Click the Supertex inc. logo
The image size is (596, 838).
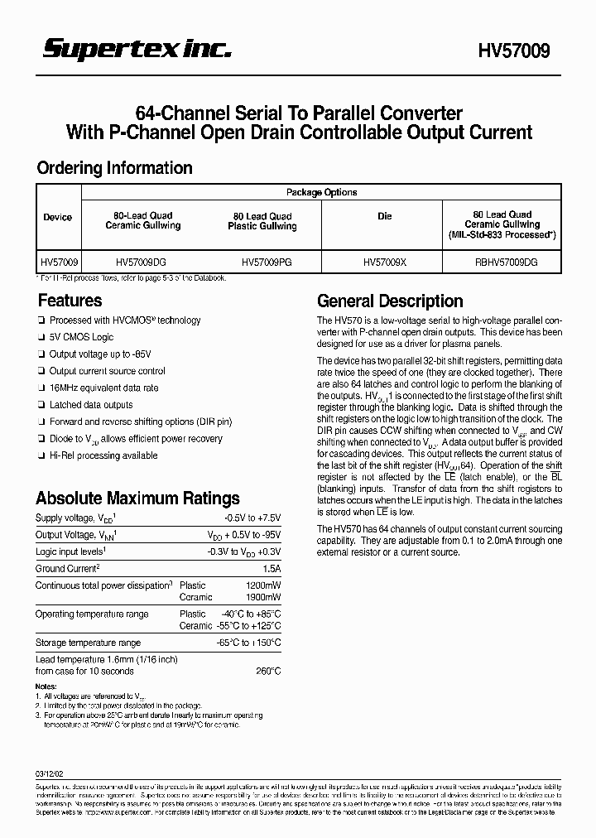(x=137, y=51)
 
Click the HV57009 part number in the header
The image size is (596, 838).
(x=513, y=52)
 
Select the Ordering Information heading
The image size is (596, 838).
(x=114, y=168)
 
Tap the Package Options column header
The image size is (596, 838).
(x=321, y=192)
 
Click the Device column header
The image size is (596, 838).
(x=58, y=217)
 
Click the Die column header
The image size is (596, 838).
(x=385, y=217)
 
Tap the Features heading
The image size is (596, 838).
(x=70, y=301)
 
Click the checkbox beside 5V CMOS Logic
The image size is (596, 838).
(x=41, y=338)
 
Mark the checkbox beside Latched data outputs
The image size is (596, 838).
(x=41, y=406)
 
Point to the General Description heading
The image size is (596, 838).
(x=390, y=301)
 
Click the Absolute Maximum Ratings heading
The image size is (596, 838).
(x=137, y=498)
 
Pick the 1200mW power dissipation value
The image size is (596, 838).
(x=263, y=585)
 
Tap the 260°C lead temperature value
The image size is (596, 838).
(x=268, y=671)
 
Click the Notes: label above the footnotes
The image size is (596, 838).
(x=46, y=686)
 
